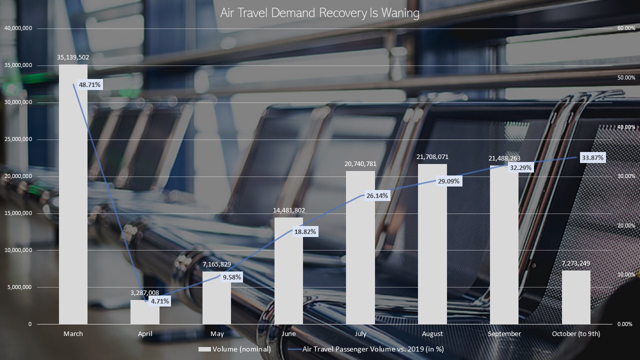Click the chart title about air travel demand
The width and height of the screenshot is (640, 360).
tap(320, 13)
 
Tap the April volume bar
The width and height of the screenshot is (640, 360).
tap(145, 312)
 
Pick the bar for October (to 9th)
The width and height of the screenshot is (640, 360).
tap(576, 297)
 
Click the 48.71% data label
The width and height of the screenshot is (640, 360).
tap(89, 85)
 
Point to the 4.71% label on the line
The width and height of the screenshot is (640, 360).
tap(160, 301)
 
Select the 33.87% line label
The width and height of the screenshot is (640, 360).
tap(593, 158)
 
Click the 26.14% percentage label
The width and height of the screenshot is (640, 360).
tap(377, 196)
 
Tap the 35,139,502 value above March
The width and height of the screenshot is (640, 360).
tap(73, 57)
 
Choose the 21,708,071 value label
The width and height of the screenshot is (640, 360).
tap(432, 156)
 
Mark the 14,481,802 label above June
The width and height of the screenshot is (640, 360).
tap(289, 210)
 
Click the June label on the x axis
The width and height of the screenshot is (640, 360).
tap(289, 333)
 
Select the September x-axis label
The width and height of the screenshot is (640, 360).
tap(504, 333)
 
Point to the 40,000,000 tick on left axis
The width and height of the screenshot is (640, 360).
tap(18, 28)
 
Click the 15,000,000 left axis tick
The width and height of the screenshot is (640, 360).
tap(18, 213)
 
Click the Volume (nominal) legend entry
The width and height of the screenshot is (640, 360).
tap(235, 349)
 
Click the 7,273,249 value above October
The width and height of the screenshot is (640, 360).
tap(576, 263)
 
